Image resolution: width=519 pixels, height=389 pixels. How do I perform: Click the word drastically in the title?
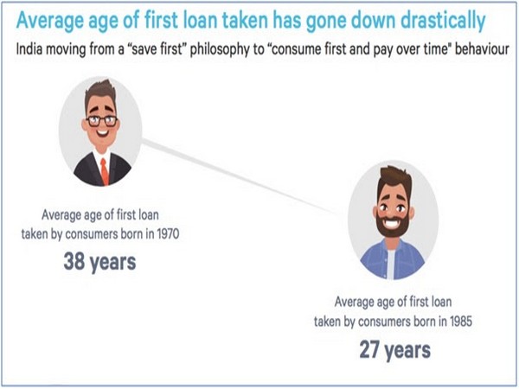443,21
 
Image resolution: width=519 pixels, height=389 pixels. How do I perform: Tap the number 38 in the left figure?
74,261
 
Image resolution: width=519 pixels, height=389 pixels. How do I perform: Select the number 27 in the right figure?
369,349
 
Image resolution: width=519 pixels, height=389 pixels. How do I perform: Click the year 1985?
461,321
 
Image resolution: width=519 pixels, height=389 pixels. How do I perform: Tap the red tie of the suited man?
105,171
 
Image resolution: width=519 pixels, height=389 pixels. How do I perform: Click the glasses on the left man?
101,121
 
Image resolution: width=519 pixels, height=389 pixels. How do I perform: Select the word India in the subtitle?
29,49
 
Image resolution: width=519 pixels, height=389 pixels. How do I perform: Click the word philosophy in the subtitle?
227,50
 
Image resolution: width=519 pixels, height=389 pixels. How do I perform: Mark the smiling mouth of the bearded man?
392,223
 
